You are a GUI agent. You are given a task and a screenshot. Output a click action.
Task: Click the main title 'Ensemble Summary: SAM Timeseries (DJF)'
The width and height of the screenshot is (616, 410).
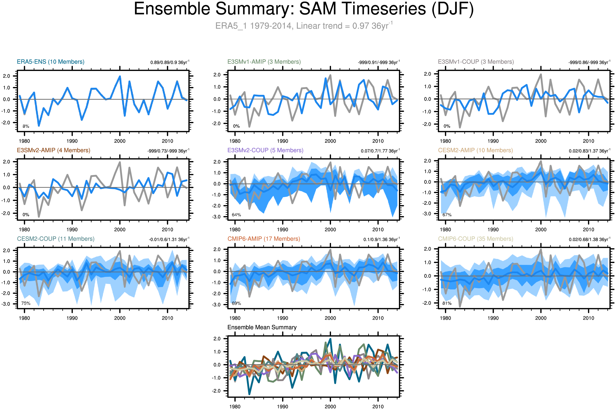coord(304,9)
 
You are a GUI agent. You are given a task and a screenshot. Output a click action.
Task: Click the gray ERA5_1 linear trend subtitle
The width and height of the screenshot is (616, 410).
coord(304,26)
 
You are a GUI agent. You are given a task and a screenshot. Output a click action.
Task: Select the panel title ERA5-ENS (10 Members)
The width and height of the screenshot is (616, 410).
coord(50,62)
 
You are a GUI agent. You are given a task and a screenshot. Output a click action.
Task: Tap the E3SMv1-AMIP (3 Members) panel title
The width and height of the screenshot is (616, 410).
coord(264,62)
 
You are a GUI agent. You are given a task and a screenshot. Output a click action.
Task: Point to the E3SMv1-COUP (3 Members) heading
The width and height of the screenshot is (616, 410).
coord(476,62)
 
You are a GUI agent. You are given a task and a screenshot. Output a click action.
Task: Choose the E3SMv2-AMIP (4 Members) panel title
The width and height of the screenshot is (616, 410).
coord(53,150)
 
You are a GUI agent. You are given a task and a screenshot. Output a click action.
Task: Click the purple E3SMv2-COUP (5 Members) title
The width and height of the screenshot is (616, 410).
coord(265,150)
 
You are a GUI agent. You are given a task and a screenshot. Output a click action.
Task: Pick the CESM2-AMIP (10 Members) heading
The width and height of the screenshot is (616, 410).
coord(475,150)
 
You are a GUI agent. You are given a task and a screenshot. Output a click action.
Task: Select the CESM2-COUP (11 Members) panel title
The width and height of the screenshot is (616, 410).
coord(56,239)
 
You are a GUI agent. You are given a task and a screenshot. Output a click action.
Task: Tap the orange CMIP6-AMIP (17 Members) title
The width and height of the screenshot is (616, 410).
coord(264,239)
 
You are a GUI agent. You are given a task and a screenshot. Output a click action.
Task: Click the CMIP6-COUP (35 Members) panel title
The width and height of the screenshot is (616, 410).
coord(475,239)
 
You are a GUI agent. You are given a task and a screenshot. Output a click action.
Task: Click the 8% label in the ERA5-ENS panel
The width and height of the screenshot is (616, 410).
coord(26,126)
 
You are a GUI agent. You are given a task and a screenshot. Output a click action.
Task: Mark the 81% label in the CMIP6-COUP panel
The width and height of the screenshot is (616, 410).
coord(447,303)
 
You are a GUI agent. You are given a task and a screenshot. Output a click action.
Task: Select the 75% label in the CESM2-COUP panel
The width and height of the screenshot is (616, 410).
coord(26,303)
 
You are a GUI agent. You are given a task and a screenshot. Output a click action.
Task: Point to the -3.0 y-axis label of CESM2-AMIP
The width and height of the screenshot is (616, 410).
coord(427,214)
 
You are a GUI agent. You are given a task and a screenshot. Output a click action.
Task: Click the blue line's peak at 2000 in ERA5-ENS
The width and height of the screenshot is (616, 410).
coord(120,76)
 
